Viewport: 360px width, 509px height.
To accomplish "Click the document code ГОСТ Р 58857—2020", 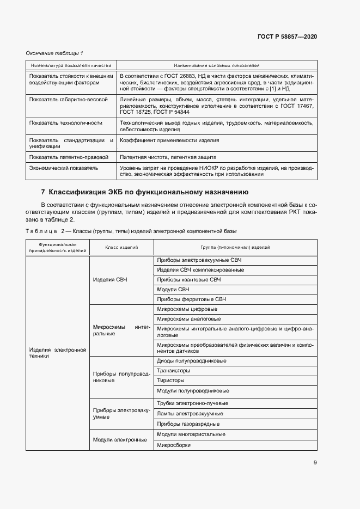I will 287,36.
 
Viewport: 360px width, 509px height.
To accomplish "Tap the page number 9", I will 315,463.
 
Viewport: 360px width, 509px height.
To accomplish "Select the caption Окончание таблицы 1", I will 54,53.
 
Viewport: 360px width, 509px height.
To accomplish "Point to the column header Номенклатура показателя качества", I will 71,65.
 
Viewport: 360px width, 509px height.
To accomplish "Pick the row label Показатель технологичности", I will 66,123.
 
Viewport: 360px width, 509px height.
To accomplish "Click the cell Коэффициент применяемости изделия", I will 169,140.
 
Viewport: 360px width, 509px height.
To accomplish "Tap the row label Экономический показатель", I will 64,168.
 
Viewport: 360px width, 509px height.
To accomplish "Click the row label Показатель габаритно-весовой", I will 69,100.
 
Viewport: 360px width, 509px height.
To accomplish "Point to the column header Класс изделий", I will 121,247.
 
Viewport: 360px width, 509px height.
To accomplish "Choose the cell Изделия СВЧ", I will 110,279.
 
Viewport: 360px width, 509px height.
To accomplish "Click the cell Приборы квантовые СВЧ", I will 188,279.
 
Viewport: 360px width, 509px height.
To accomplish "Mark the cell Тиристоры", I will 170,380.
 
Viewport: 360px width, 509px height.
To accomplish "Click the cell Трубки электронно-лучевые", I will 192,403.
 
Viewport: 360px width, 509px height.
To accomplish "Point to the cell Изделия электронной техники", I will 57,352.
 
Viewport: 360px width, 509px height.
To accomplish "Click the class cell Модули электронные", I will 120,439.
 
